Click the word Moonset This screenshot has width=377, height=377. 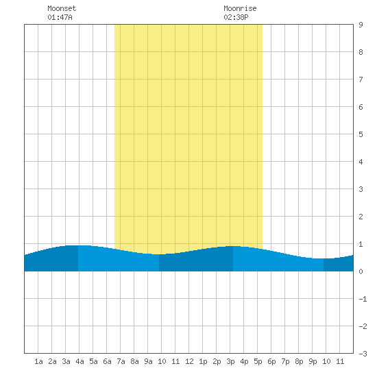point(62,8)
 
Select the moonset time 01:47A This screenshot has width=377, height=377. point(60,17)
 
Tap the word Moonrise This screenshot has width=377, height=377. point(240,8)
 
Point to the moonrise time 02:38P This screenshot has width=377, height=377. point(236,17)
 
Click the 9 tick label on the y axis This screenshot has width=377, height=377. point(361,25)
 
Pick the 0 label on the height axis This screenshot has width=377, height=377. point(361,271)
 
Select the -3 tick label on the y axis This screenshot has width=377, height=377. point(363,354)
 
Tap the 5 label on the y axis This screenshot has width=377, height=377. point(361,134)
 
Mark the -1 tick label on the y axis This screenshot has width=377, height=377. point(363,299)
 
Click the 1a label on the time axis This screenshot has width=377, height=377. point(38,361)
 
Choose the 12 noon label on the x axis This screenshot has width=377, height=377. point(189,361)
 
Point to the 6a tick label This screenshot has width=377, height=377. point(107,361)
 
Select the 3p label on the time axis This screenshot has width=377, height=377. point(230,361)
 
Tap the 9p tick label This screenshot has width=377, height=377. point(313,361)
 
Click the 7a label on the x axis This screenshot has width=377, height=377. point(121,361)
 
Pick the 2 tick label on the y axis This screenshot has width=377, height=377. point(361,217)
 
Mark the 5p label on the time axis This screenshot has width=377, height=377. point(258,361)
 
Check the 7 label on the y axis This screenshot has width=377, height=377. point(361,80)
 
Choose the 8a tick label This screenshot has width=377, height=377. point(134,361)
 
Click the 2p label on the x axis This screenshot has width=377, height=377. point(217,361)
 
